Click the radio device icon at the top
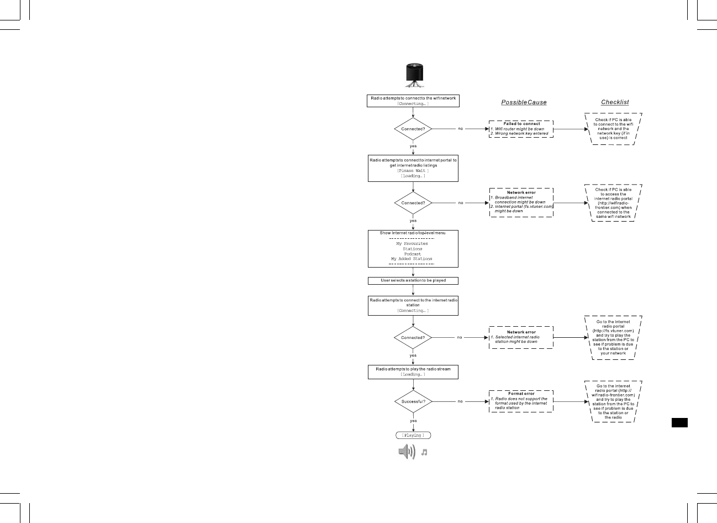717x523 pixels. point(413,75)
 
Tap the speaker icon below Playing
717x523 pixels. point(407,452)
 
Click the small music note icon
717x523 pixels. point(424,452)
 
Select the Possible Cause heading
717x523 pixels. point(524,102)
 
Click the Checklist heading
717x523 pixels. point(615,102)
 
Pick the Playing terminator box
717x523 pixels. point(413,435)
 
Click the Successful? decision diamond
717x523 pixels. point(413,401)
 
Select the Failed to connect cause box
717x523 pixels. point(521,129)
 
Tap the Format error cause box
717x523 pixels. point(521,401)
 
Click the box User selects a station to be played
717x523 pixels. point(413,280)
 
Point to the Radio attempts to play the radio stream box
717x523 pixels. point(413,372)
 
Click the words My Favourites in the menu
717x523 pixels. point(412,243)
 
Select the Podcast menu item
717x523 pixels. point(412,254)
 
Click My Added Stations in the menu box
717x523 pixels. point(412,259)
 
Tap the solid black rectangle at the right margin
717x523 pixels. point(679,422)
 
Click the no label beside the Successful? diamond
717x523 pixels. point(460,401)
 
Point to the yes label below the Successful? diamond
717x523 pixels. point(413,421)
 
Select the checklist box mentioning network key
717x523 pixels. point(613,129)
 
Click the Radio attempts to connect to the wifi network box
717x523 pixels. point(413,101)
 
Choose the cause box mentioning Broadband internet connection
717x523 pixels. point(521,202)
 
